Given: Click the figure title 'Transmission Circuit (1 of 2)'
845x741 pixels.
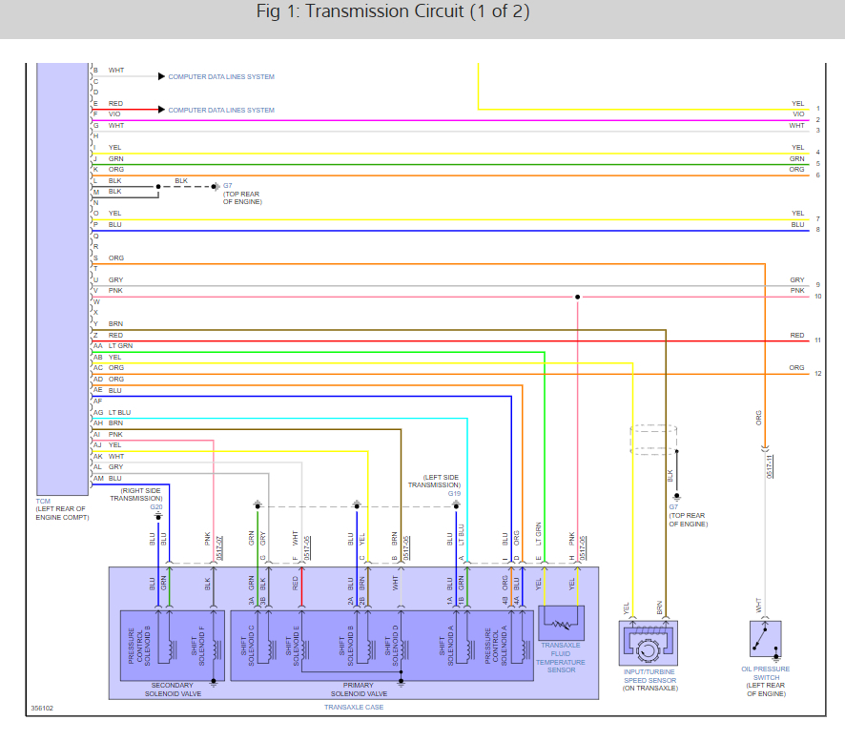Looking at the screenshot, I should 393,12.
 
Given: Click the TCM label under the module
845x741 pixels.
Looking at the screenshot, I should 43,501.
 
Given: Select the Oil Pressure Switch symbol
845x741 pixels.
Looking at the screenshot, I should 765,639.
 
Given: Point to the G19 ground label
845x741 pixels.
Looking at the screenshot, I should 454,494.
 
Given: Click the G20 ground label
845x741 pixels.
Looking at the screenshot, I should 155,506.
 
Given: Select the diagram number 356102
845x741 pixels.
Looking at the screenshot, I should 42,709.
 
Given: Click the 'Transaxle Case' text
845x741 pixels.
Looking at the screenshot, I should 353,707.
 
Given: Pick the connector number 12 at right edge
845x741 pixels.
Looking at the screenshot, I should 817,374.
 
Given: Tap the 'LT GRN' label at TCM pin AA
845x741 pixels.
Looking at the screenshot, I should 120,345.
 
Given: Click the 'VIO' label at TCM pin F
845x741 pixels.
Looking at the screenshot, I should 114,114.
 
